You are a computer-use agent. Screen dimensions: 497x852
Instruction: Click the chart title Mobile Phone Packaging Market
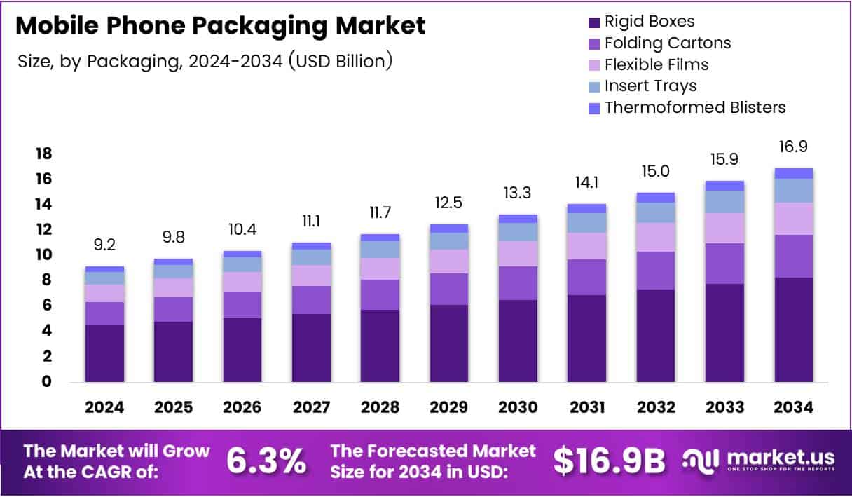[x=220, y=26]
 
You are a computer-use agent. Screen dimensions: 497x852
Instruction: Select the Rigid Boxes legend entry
[x=649, y=22]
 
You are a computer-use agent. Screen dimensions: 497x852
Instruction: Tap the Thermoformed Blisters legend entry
[x=694, y=107]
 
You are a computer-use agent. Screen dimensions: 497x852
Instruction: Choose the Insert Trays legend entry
[x=650, y=86]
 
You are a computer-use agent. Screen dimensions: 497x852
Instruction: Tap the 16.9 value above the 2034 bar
[x=793, y=147]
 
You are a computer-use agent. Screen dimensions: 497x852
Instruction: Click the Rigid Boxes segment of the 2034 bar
[x=793, y=329]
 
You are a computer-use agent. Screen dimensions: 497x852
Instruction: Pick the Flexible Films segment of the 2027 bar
[x=311, y=275]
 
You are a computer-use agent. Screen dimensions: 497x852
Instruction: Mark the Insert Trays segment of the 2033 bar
[x=724, y=202]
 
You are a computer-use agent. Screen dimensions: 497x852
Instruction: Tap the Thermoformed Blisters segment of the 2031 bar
[x=586, y=208]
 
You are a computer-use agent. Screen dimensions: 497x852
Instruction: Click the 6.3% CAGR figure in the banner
[x=266, y=461]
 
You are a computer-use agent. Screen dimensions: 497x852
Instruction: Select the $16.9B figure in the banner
[x=608, y=461]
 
